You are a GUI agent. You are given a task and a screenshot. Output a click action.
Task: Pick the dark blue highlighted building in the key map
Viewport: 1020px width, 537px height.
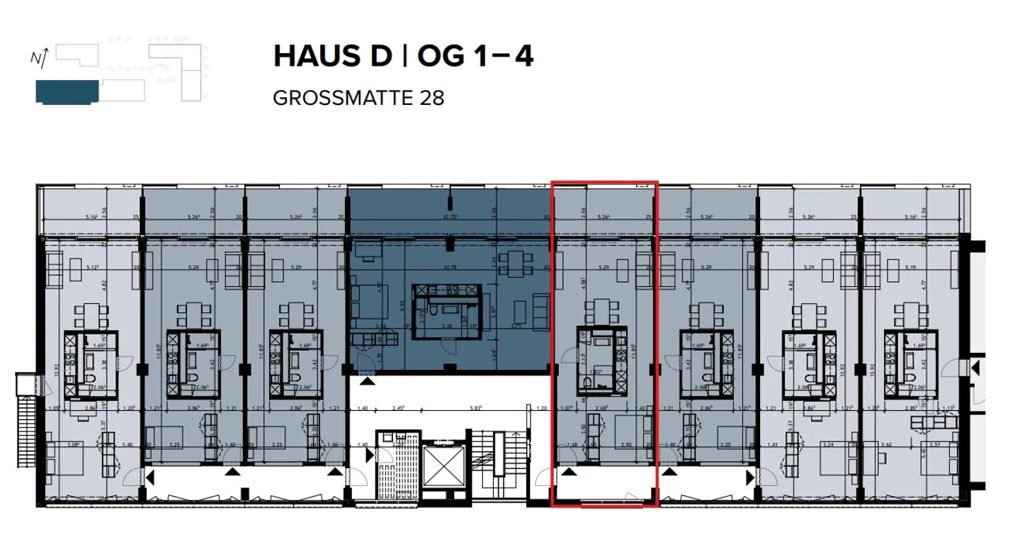66,92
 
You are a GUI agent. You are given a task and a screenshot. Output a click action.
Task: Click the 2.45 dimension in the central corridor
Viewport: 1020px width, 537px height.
395,409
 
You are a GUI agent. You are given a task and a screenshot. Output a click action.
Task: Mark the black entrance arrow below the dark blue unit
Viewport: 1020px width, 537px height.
368,383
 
